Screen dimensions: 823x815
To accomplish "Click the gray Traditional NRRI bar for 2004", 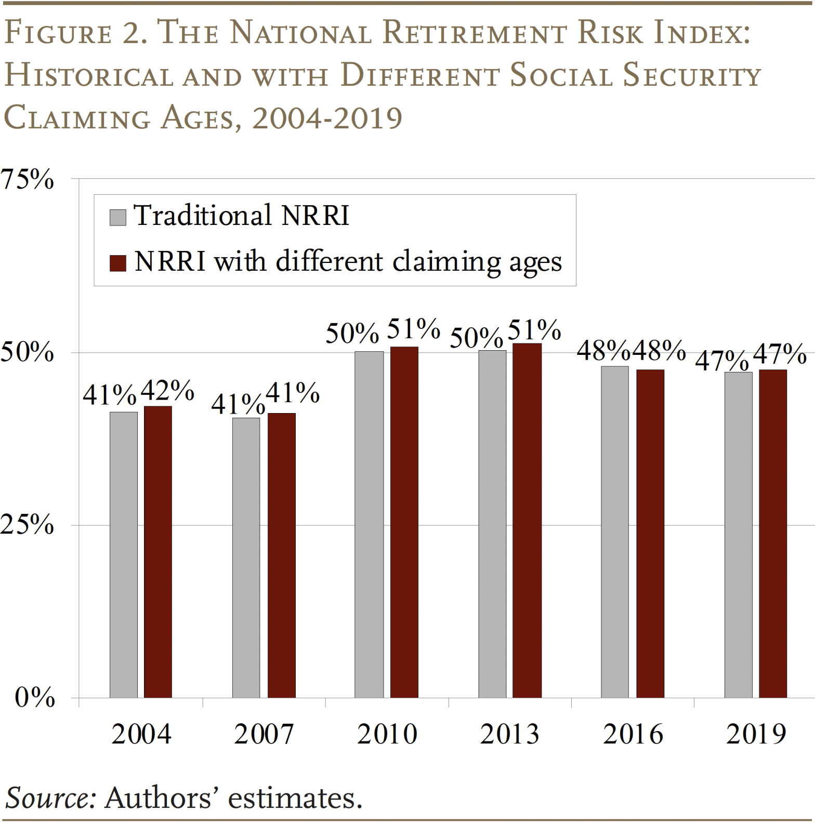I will tap(124, 554).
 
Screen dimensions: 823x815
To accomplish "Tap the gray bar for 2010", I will tap(369, 524).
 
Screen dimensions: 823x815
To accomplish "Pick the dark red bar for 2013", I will tap(527, 520).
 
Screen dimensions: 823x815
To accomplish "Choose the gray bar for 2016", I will tap(615, 532).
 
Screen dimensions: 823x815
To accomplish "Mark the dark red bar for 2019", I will tap(772, 533).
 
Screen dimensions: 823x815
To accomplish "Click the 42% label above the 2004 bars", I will tap(167, 390).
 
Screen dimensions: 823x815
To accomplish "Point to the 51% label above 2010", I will tap(414, 329).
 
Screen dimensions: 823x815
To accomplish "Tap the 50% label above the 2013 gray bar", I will tap(476, 338).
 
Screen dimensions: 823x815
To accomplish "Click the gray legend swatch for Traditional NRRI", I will tap(118, 217).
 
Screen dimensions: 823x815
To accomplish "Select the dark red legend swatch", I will tap(118, 263).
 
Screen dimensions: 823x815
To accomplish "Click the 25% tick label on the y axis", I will tap(27, 525).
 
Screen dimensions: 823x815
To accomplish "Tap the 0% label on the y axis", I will tap(34, 697).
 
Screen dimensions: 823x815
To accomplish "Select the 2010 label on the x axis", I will tap(387, 734).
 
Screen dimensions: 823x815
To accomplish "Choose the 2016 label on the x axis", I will tap(633, 734).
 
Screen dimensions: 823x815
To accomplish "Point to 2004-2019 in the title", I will tap(327, 118).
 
